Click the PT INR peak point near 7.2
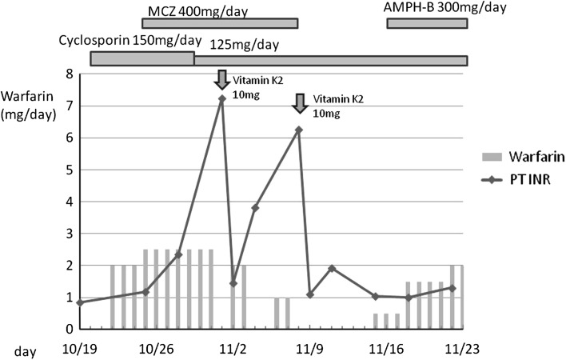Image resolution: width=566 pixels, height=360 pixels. (x=221, y=98)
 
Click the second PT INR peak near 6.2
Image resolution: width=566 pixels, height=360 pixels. (x=299, y=130)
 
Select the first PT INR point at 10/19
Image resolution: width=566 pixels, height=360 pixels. (x=80, y=302)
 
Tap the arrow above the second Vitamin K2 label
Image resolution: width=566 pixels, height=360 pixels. (x=300, y=102)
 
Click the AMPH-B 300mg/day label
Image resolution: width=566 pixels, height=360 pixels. (x=445, y=7)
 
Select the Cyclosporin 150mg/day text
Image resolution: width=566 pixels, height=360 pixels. (x=130, y=40)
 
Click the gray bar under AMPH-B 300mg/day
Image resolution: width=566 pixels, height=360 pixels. (x=427, y=23)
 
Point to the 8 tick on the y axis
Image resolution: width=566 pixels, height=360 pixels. (x=69, y=74)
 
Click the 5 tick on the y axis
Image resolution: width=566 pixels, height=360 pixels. (x=69, y=170)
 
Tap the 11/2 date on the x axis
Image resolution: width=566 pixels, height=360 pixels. (x=233, y=349)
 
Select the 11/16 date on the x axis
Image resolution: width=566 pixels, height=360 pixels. (x=387, y=349)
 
